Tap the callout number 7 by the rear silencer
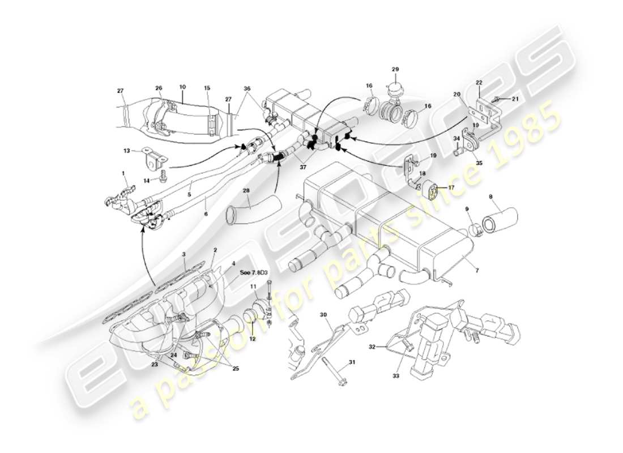477,271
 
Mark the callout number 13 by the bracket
126,151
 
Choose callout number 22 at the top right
479,83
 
